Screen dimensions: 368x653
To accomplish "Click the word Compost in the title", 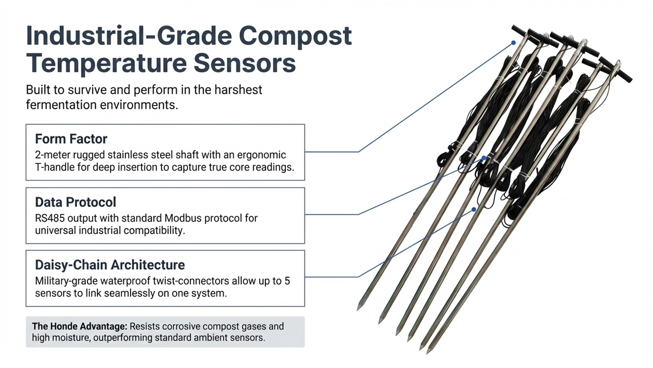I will [x=295, y=37].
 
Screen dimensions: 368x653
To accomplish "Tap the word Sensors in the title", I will [x=245, y=64].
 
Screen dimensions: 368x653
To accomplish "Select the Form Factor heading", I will [x=71, y=139].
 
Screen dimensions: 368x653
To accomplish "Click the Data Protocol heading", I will [x=75, y=202].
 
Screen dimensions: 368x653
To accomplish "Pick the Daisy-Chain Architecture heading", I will [x=110, y=265].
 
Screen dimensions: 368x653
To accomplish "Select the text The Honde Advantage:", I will [x=79, y=327].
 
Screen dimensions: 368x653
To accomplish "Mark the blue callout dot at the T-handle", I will [x=514, y=43].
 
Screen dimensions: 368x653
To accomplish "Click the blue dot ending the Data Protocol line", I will [x=484, y=158].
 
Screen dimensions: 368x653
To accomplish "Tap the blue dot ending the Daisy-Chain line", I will [x=474, y=209].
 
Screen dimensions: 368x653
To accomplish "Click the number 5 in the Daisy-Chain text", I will [x=287, y=281].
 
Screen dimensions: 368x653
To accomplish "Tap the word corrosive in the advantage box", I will [x=176, y=327].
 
